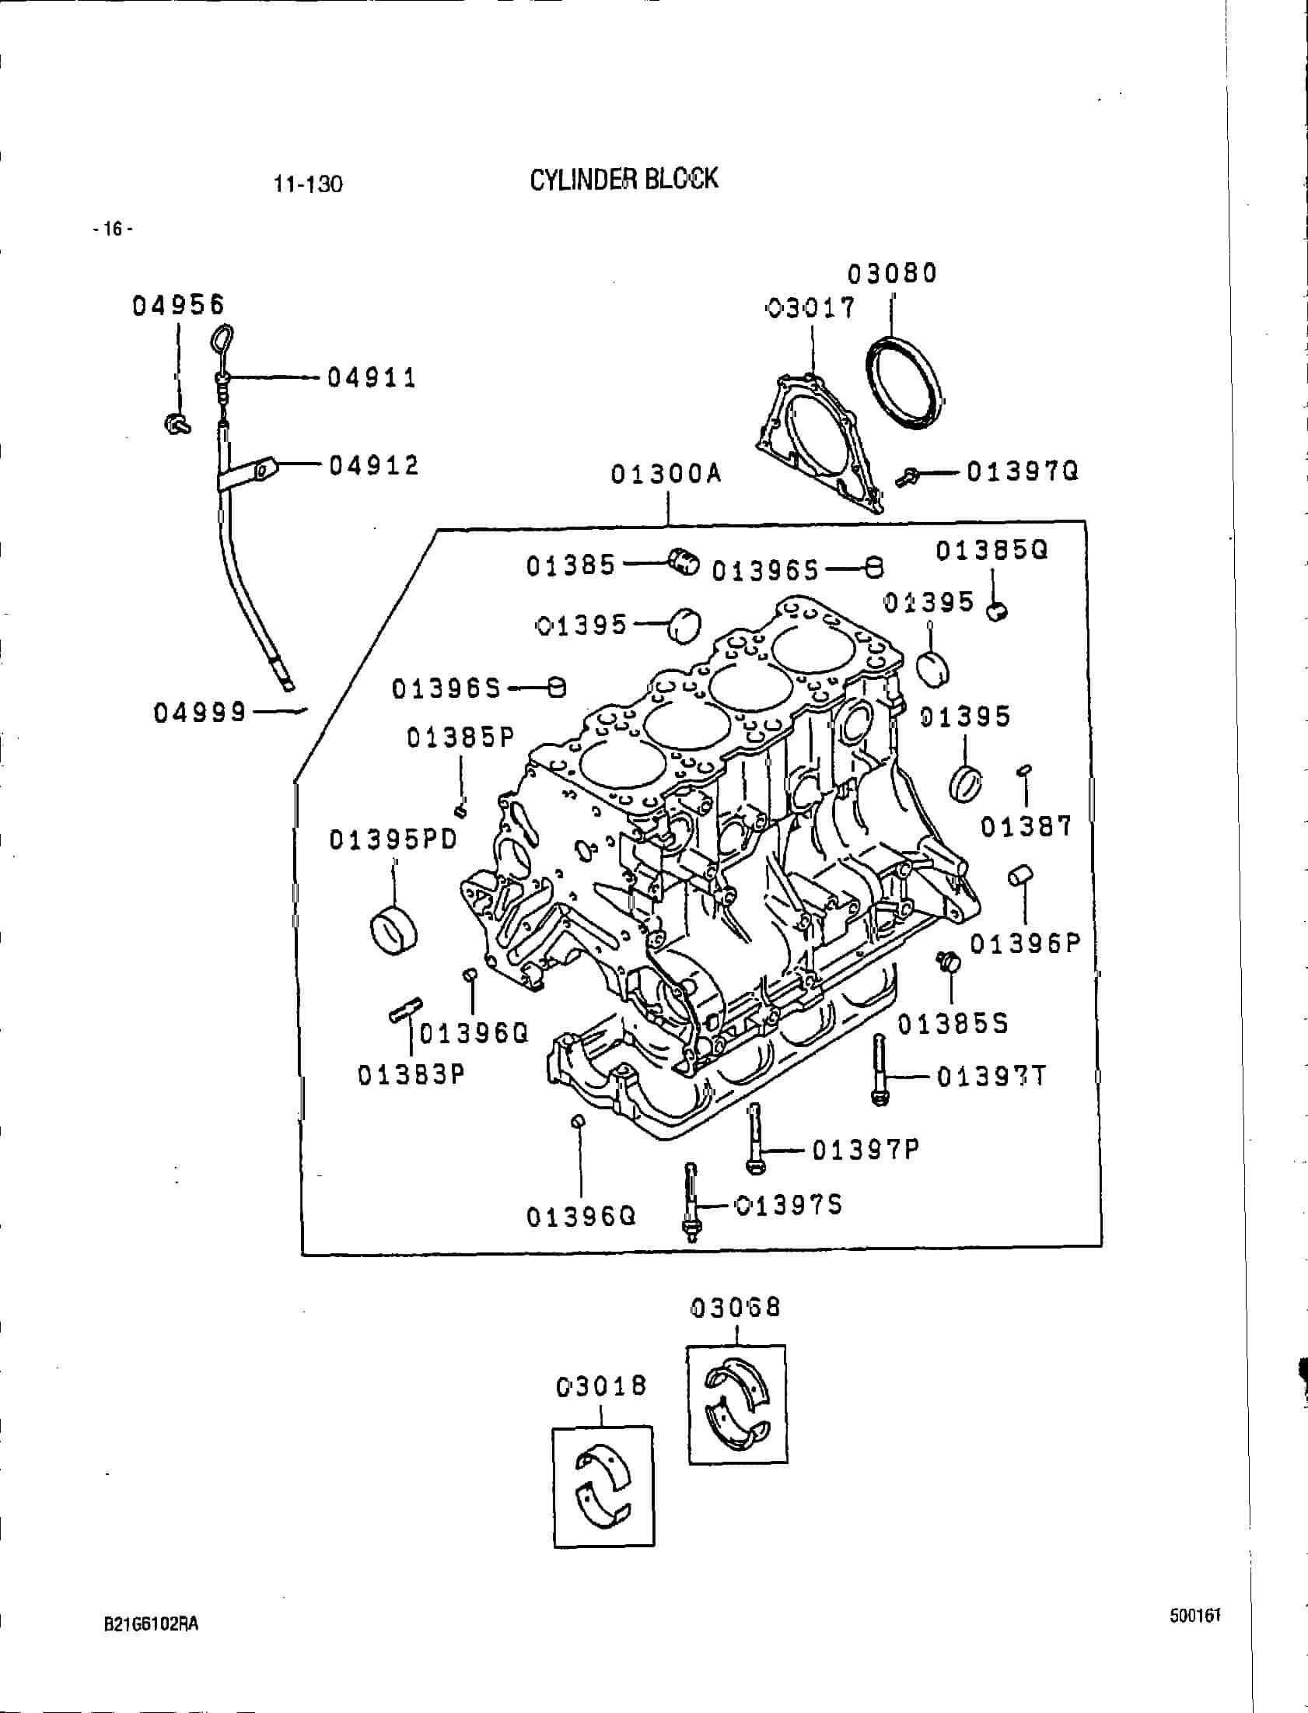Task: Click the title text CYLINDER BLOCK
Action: (624, 179)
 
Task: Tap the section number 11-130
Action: (307, 184)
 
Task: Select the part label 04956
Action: (178, 305)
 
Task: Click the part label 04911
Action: (372, 378)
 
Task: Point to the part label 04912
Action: (374, 466)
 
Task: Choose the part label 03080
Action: (892, 273)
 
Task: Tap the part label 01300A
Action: (666, 474)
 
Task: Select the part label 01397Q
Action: (1023, 471)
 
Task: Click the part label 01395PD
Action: (393, 840)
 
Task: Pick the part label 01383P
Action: (411, 1075)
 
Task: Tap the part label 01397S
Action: (789, 1206)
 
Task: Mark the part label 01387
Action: (1026, 826)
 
